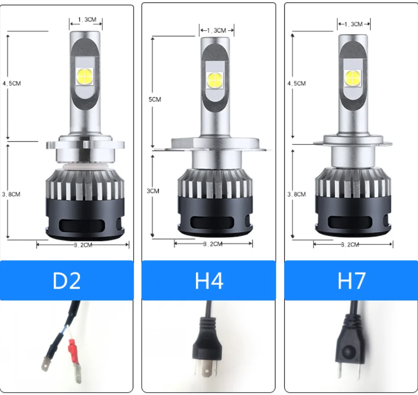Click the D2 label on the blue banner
[66, 281]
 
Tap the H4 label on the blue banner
[209, 281]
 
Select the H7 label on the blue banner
[352, 281]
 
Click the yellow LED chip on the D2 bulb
[85, 76]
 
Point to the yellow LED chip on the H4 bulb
[215, 80]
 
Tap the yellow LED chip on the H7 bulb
[353, 78]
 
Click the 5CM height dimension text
[155, 99]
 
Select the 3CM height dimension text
[153, 191]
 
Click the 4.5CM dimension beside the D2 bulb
[12, 84]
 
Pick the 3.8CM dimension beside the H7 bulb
[296, 194]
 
